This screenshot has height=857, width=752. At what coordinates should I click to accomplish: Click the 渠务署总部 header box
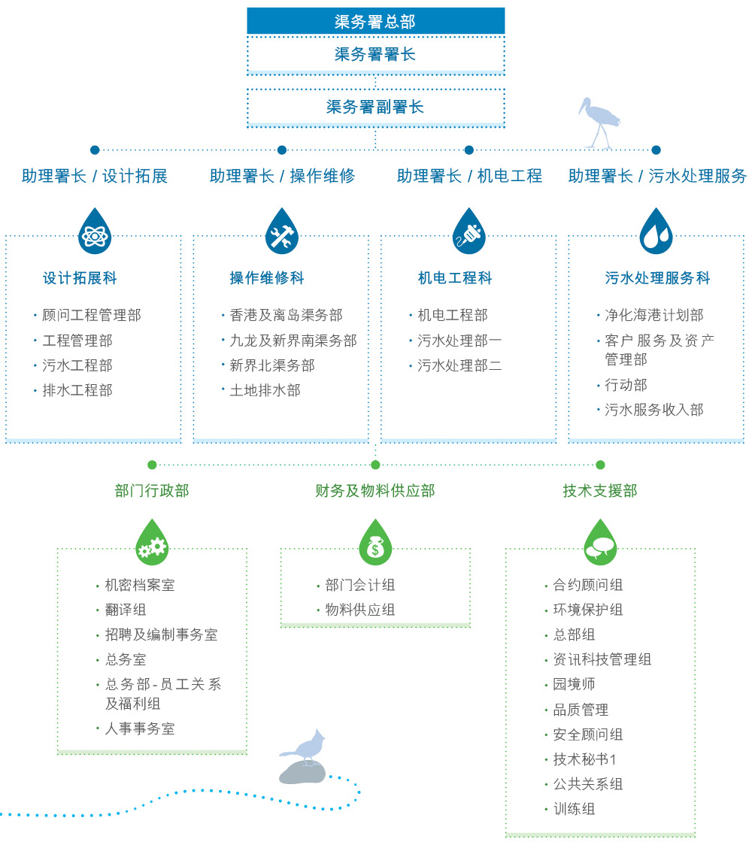pyautogui.click(x=375, y=22)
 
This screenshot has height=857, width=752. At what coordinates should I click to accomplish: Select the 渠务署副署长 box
pyautogui.click(x=375, y=107)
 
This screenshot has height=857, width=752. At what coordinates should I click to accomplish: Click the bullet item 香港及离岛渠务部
pyautogui.click(x=286, y=315)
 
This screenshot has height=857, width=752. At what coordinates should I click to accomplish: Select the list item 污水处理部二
pyautogui.click(x=459, y=365)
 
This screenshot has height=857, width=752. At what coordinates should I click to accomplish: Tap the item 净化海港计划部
pyautogui.click(x=654, y=315)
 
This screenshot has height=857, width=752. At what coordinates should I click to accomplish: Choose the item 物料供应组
pyautogui.click(x=359, y=610)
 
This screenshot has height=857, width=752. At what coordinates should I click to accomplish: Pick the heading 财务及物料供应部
pyautogui.click(x=375, y=491)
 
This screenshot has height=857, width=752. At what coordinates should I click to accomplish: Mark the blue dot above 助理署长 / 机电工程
pyautogui.click(x=469, y=150)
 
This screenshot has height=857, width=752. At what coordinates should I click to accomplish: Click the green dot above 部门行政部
pyautogui.click(x=152, y=465)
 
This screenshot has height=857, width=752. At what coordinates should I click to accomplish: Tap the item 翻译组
pyautogui.click(x=126, y=610)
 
